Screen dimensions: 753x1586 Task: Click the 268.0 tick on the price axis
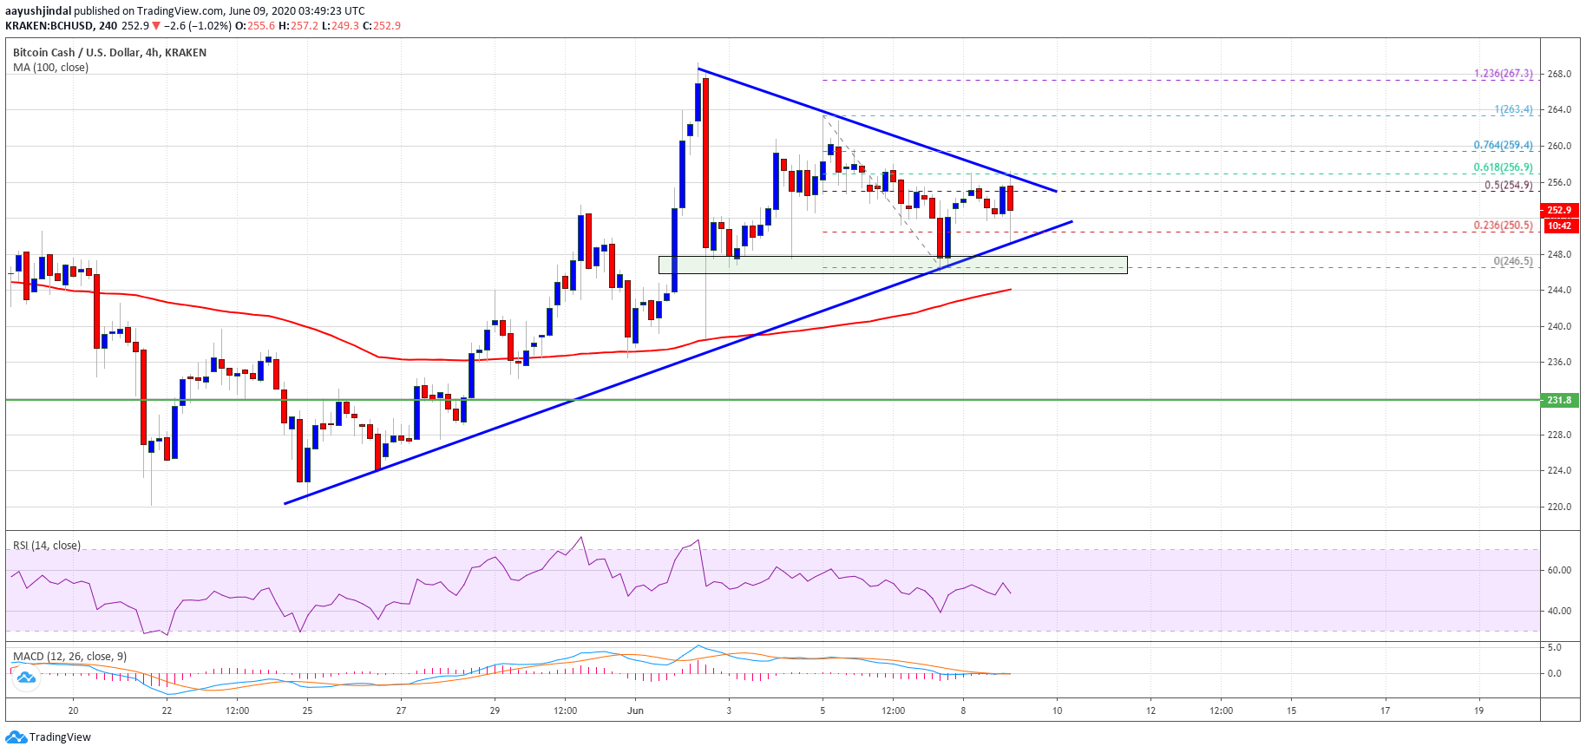(x=1559, y=74)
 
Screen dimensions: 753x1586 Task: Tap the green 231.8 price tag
(x=1559, y=400)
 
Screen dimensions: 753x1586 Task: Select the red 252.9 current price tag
(x=1559, y=210)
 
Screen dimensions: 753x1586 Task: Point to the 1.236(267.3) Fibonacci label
(x=1503, y=74)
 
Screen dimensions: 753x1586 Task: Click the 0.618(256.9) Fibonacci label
(x=1503, y=167)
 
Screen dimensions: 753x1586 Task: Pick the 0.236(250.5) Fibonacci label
(x=1503, y=226)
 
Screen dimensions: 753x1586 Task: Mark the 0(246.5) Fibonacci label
(x=1512, y=261)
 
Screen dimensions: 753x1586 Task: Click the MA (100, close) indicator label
(x=50, y=68)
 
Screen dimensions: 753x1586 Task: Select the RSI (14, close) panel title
(x=47, y=546)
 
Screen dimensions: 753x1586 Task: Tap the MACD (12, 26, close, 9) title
(x=69, y=657)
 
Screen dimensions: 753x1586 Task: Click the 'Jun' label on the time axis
(x=636, y=710)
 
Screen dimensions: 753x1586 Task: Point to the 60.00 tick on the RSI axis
(x=1559, y=570)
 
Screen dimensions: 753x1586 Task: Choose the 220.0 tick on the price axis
(x=1559, y=507)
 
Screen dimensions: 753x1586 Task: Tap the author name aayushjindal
(x=38, y=11)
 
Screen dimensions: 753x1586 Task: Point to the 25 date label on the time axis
(x=308, y=710)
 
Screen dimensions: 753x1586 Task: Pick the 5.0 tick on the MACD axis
(x=1554, y=647)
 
